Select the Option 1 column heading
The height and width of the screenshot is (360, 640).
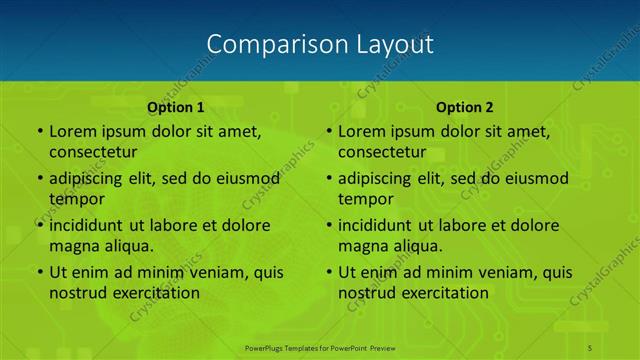click(x=175, y=106)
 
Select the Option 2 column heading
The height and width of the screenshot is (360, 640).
click(x=465, y=106)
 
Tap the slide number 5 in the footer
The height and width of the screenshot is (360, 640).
click(x=590, y=347)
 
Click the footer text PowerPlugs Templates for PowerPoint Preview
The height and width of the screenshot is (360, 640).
click(x=319, y=347)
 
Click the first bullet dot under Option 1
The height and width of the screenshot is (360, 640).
click(x=40, y=131)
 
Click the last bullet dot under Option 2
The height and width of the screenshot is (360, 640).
click(x=329, y=273)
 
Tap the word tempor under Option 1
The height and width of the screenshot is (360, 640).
click(x=76, y=199)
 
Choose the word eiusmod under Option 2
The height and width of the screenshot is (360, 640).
click(x=533, y=179)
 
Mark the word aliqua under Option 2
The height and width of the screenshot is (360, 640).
click(x=416, y=246)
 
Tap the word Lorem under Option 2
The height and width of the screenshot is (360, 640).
click(x=361, y=131)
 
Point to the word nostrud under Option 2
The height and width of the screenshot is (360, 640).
click(x=368, y=293)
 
